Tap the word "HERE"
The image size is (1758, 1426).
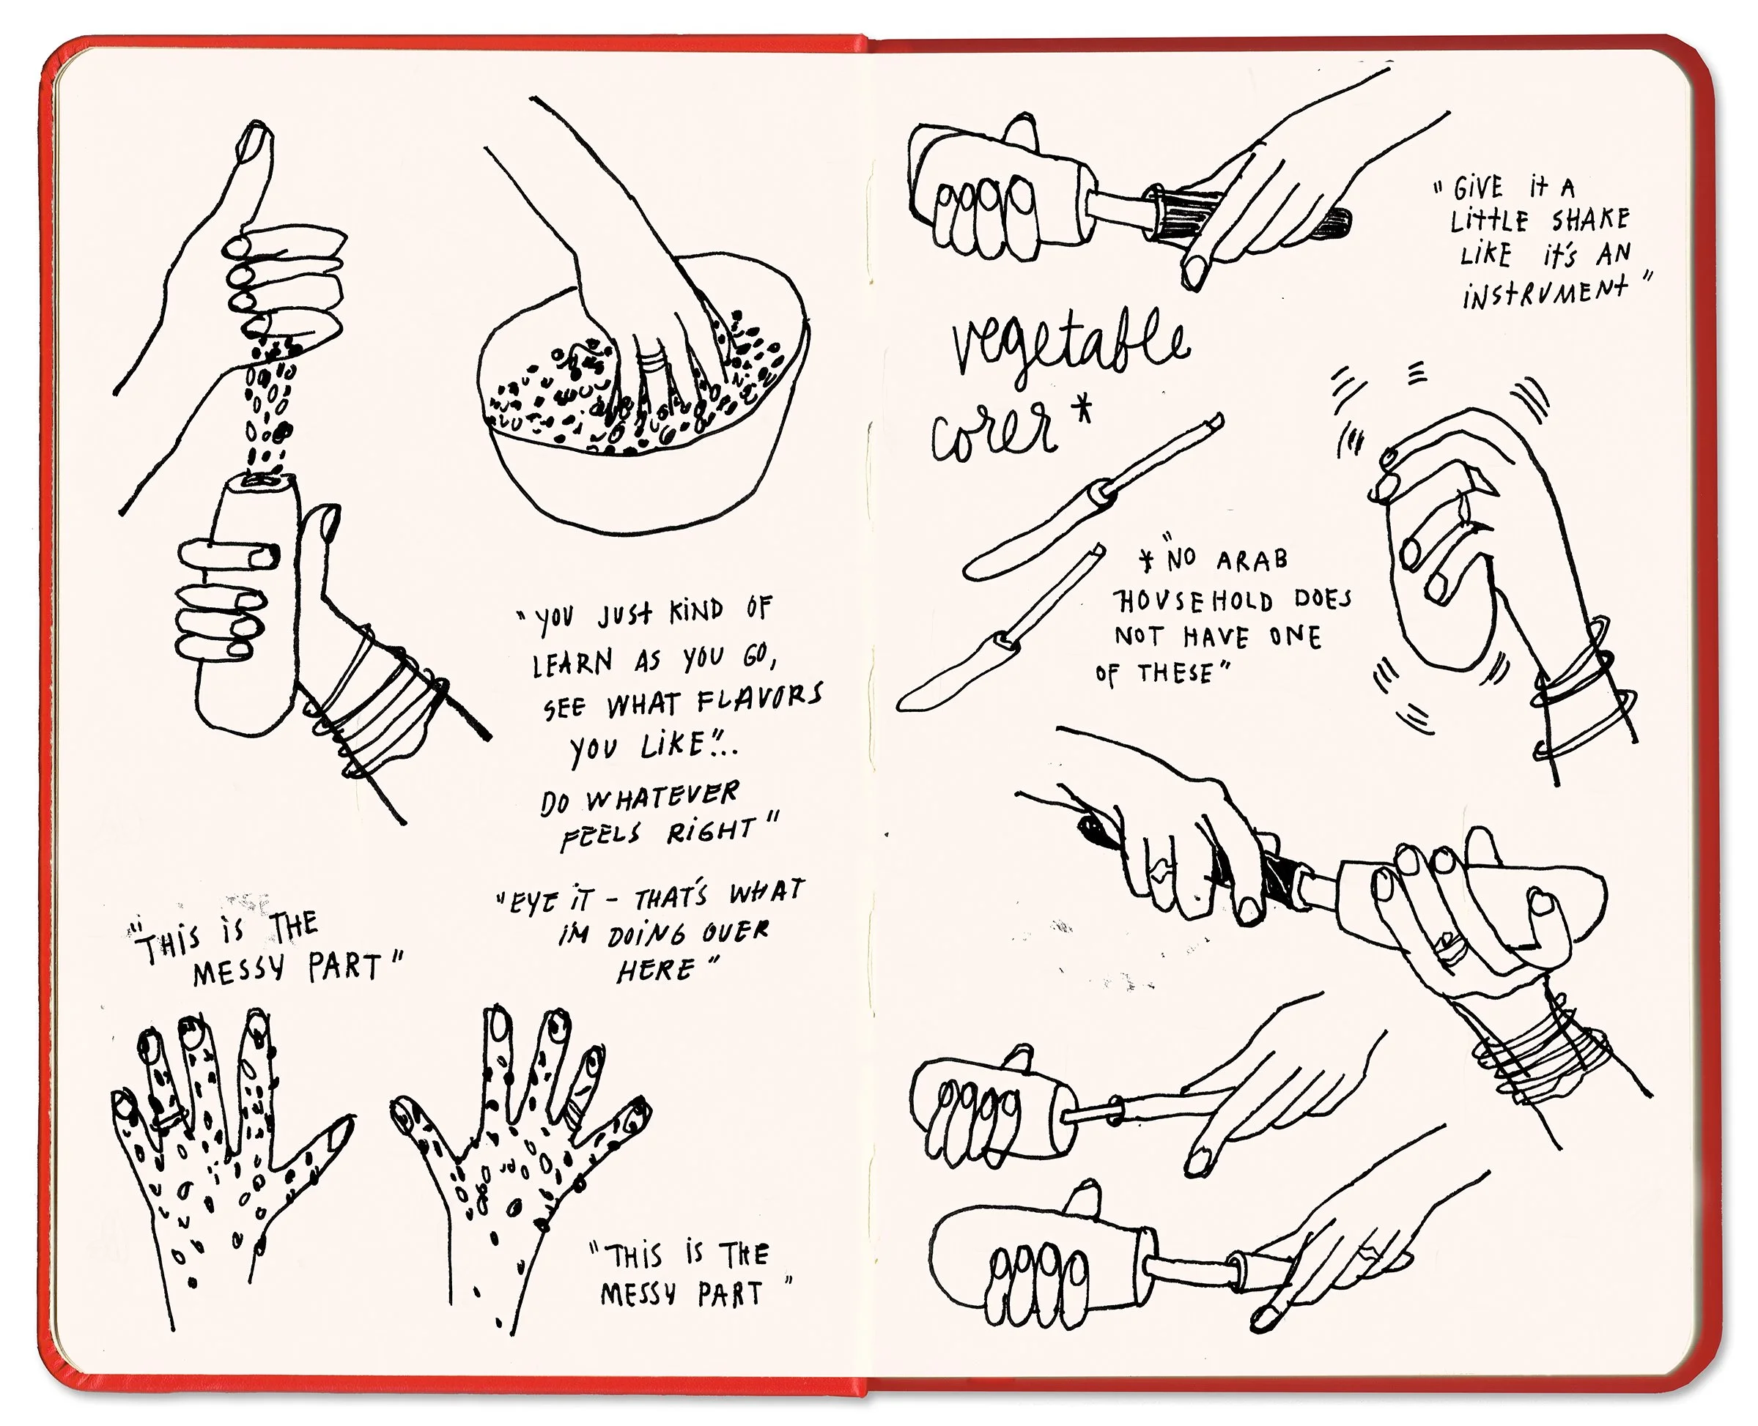[656, 969]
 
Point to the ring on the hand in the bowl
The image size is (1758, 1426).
[654, 358]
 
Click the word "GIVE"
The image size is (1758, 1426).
[1480, 190]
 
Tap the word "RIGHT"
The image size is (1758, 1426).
[712, 831]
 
